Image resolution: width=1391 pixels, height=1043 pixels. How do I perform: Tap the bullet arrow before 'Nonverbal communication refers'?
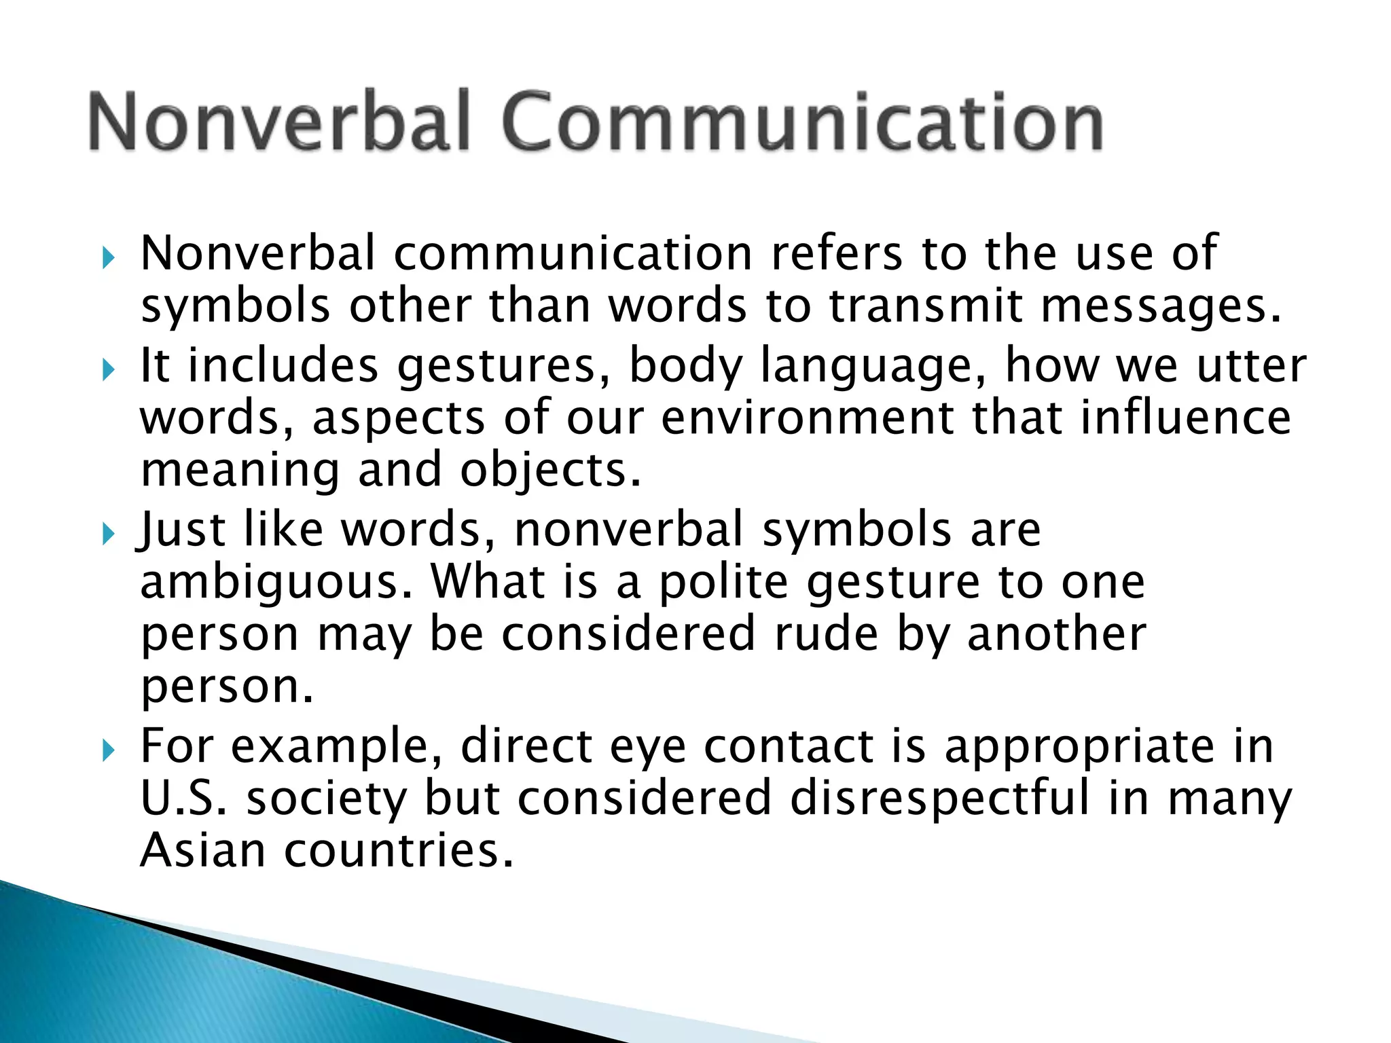coord(108,258)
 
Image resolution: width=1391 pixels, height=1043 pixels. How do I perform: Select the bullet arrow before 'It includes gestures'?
coord(108,370)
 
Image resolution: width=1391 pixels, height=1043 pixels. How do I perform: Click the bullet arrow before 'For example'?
coord(108,750)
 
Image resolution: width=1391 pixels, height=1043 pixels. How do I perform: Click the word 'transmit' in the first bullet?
coord(925,307)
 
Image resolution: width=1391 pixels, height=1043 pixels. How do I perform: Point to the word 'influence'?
coord(1185,418)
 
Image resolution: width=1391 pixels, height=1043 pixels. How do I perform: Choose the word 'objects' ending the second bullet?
coord(549,471)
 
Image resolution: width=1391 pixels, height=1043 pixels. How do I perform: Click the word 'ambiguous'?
coord(275,584)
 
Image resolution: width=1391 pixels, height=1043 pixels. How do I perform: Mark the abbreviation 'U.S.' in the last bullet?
coord(183,799)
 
